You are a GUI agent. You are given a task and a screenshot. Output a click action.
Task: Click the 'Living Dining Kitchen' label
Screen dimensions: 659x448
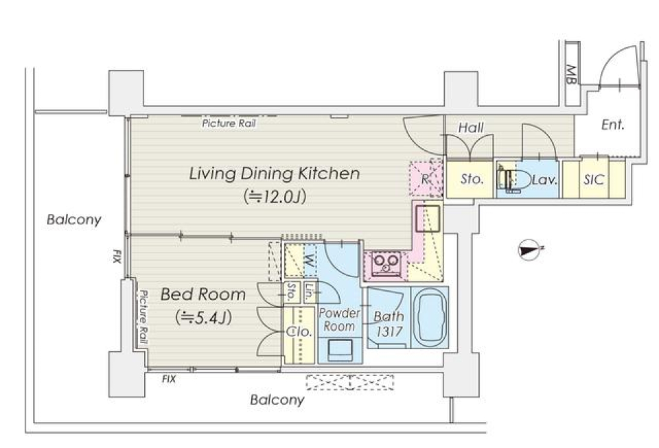[274, 174]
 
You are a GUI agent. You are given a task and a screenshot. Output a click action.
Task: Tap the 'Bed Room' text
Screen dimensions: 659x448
[203, 294]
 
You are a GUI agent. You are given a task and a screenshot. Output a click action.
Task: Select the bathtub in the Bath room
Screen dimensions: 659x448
[430, 318]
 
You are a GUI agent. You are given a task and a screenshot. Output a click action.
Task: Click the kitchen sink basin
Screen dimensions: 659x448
[428, 218]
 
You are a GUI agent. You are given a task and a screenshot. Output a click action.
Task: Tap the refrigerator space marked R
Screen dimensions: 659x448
[426, 179]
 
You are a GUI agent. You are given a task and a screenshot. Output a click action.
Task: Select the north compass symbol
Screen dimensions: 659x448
[529, 250]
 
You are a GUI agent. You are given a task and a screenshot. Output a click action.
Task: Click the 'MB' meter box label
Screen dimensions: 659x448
[571, 74]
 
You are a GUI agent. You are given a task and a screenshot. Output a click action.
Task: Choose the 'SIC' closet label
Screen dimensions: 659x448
[593, 180]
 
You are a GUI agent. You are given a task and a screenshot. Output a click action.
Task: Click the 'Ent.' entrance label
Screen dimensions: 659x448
[613, 125]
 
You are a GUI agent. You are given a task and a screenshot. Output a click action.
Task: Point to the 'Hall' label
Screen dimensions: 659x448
[471, 127]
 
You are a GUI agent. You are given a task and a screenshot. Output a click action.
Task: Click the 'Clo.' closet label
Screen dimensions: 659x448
[299, 331]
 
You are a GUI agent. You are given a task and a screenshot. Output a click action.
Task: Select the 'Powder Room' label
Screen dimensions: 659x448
[339, 320]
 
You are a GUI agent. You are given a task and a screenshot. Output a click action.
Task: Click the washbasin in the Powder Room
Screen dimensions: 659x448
[340, 350]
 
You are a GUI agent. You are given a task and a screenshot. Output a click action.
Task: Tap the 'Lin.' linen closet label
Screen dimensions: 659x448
[309, 292]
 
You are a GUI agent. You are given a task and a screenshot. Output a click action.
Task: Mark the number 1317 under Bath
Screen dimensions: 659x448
[389, 331]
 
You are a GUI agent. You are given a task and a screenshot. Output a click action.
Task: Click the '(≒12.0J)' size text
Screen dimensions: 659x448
[274, 196]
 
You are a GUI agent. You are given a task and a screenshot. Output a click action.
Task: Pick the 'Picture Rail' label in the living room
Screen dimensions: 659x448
[229, 123]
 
